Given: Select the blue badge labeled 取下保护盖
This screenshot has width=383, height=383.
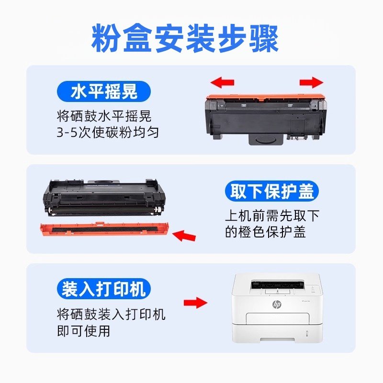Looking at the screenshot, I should point(271,191).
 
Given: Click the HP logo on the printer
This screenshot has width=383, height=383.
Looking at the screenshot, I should point(277,304).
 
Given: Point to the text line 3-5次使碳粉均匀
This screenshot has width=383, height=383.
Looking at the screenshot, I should point(107,132).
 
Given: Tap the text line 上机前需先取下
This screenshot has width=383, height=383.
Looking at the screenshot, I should point(271,215).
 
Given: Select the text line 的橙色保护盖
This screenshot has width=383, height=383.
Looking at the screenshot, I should point(265,232).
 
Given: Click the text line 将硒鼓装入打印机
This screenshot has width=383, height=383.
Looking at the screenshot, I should point(111,315).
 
